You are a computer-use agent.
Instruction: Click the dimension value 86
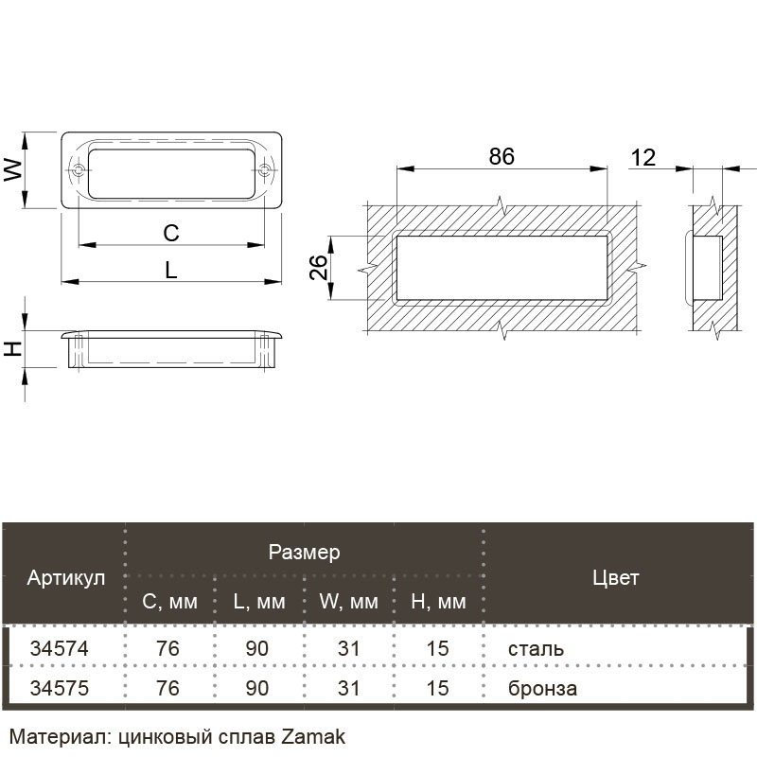[x=502, y=156]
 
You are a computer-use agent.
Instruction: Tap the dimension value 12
[x=643, y=158]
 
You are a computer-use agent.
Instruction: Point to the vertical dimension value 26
[x=319, y=267]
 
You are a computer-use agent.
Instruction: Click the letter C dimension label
[x=171, y=233]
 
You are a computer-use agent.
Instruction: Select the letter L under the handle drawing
[x=171, y=271]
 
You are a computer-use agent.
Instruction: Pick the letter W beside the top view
[x=13, y=170]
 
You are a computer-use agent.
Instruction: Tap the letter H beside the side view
[x=13, y=348]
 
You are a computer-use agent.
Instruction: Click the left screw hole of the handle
[x=79, y=170]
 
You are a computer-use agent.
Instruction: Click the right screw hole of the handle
[x=264, y=170]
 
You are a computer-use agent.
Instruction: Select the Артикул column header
[x=66, y=577]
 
